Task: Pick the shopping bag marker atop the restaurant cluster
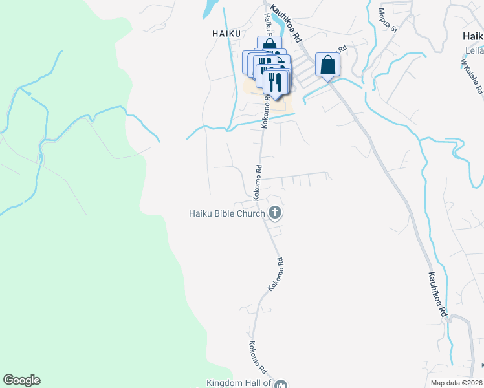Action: tap(269, 45)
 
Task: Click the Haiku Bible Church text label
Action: tap(226, 213)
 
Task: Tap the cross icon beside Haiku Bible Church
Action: tap(275, 212)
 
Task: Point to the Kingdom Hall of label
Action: tap(237, 383)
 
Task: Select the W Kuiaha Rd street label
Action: tap(472, 78)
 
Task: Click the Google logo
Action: tap(21, 380)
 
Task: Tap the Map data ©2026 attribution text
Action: tap(456, 383)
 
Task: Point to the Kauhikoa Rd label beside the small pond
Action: tap(287, 25)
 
